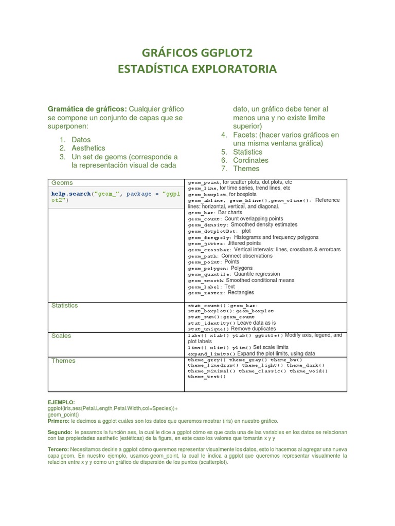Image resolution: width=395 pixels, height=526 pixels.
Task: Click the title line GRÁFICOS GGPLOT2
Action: (197, 52)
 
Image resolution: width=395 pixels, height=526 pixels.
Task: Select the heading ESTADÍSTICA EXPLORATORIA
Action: (197, 69)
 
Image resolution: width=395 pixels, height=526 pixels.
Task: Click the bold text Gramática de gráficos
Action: (87, 109)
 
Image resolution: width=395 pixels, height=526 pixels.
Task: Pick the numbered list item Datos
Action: (81, 140)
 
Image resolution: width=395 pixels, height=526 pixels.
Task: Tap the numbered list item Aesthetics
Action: (88, 148)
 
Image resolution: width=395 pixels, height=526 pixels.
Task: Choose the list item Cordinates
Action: (250, 160)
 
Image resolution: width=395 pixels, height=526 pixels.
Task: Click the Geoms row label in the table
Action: (62, 183)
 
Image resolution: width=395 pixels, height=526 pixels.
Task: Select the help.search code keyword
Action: (70, 194)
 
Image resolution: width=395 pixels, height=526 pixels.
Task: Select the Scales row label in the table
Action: (61, 336)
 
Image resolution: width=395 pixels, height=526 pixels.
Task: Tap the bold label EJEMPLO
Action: (61, 402)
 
